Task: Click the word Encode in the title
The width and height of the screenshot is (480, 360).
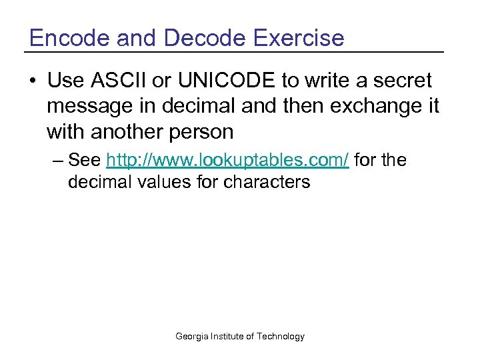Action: point(65,37)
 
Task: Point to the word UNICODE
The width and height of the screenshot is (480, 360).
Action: point(227,81)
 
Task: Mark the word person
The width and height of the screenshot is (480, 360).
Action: point(203,131)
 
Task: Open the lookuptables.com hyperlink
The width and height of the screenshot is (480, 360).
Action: point(227,161)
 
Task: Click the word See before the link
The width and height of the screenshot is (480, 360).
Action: point(85,161)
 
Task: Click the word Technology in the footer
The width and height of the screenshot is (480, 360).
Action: point(281,337)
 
